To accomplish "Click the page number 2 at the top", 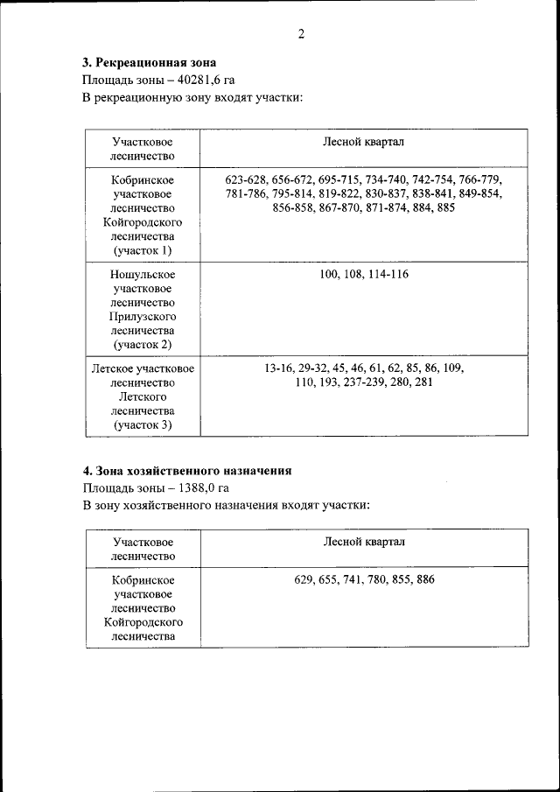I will click(x=300, y=34).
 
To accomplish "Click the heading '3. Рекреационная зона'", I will click(x=149, y=62).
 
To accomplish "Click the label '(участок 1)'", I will click(x=143, y=251).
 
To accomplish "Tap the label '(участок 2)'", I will click(x=143, y=346).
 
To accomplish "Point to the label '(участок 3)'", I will click(x=143, y=425).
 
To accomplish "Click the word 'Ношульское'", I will click(x=143, y=275).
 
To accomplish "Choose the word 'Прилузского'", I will click(x=143, y=317).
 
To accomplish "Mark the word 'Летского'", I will click(x=143, y=396).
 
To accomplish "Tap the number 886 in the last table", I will click(x=424, y=579).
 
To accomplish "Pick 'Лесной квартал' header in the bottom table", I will click(x=364, y=542).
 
